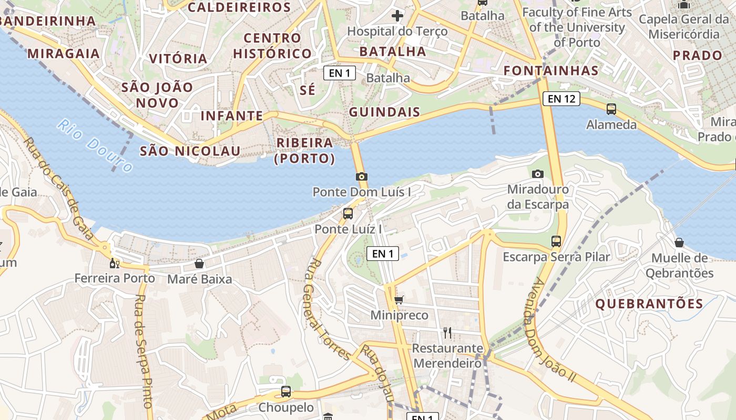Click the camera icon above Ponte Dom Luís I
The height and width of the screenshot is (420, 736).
361,177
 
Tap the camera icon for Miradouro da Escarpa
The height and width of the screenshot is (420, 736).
537,174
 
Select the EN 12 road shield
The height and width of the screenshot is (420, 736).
561,98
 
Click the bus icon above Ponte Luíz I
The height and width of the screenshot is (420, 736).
347,213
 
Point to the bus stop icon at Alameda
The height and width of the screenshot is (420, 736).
611,109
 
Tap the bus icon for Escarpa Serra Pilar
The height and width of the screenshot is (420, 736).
556,241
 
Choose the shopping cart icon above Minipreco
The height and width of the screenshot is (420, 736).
399,300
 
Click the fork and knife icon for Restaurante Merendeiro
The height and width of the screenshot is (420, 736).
447,332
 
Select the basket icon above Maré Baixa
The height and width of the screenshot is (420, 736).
199,263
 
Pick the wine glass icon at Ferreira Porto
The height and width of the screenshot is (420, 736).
114,263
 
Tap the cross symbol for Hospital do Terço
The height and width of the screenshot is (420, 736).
397,16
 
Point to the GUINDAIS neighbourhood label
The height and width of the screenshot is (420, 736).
385,112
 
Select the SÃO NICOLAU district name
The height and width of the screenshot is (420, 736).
190,151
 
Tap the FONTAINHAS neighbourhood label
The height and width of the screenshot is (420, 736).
551,71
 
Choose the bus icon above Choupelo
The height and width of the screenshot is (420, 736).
285,392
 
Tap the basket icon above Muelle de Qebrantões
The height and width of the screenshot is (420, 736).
679,243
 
